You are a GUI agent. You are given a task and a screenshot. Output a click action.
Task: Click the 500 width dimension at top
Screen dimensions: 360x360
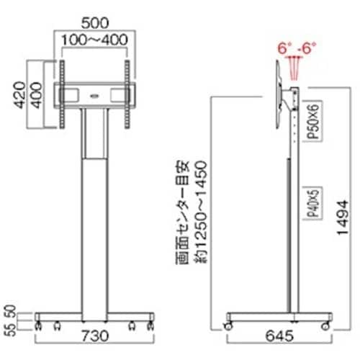[95, 23]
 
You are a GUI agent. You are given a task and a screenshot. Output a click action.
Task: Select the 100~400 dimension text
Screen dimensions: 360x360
[94, 40]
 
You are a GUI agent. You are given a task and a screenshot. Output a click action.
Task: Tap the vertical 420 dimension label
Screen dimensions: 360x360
[19, 95]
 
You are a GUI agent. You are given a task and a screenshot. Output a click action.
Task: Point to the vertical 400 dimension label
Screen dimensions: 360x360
[36, 95]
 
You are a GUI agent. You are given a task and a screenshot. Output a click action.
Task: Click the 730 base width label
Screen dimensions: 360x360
[95, 336]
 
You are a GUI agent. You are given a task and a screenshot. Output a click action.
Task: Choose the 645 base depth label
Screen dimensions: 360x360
[279, 336]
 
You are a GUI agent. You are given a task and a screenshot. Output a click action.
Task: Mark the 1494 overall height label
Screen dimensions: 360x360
[343, 217]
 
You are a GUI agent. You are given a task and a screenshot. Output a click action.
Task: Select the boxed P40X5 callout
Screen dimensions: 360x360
[312, 203]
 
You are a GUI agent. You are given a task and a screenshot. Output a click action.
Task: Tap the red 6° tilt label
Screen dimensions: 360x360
[283, 48]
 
